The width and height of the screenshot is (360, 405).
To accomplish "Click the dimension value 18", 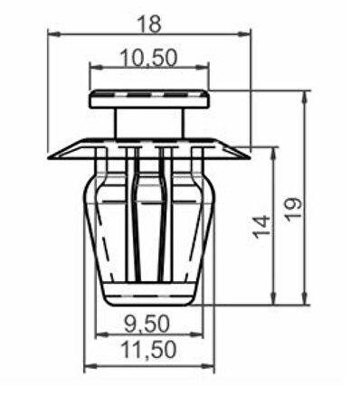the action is coord(149,24).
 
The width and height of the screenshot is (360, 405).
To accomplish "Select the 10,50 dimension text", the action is coord(148,58).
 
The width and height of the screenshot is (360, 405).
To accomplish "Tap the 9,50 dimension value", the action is coord(147,325).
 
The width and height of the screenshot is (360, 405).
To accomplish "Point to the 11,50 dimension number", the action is coord(148,350).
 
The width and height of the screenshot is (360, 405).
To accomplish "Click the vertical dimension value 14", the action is coord(261,226).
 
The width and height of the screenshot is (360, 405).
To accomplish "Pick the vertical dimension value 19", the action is coord(293,209).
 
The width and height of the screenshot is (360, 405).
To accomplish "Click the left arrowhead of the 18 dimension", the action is coord(54,33).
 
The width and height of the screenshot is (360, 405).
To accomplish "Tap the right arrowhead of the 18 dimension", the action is coord(243,33).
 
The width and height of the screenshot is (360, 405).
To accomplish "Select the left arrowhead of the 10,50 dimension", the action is coord(96,68).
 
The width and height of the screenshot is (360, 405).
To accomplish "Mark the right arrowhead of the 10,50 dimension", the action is coord(202,68).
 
